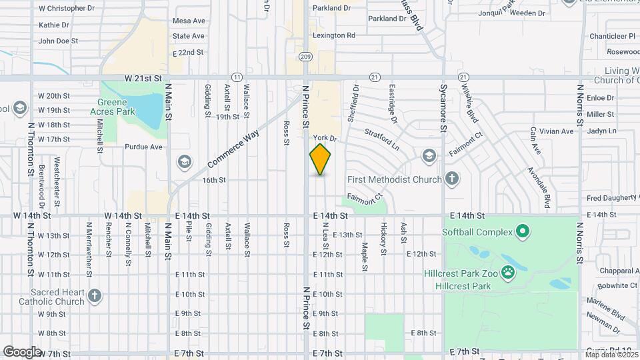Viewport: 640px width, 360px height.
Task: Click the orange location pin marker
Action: [x=320, y=159]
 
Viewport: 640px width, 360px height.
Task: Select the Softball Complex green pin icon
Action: [x=523, y=232]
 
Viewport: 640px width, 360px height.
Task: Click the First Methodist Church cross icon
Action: [x=452, y=179]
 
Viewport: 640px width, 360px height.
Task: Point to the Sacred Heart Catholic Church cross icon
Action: [x=95, y=295]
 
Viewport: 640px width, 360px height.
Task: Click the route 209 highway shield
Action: [x=306, y=57]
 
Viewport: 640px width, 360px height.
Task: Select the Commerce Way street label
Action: [x=233, y=149]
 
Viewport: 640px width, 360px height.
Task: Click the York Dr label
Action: [x=326, y=137]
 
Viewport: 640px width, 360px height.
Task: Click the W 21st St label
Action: [x=143, y=78]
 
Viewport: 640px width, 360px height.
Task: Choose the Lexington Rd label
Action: [x=336, y=35]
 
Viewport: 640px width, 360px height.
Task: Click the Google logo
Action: [x=22, y=351]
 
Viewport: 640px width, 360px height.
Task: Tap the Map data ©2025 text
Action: [x=611, y=355]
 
